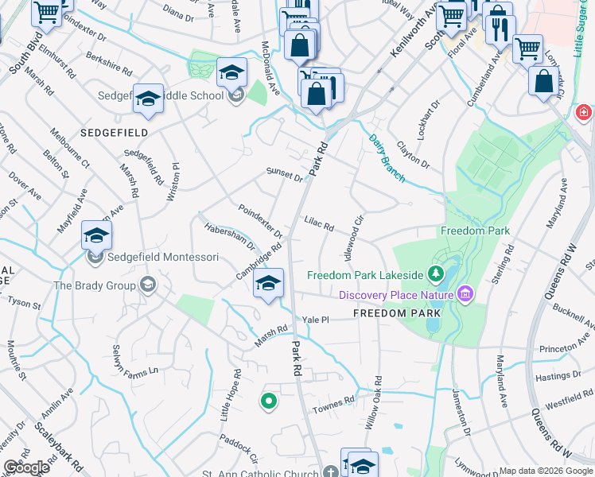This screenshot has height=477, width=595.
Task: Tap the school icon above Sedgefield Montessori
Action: point(96,236)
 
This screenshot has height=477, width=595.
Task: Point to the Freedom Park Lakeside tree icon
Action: point(435,275)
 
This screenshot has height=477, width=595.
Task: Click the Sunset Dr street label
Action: point(285,174)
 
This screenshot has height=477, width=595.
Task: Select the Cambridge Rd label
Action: point(259,262)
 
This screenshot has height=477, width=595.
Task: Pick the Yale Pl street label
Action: point(316,319)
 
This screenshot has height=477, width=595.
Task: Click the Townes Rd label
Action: point(336,402)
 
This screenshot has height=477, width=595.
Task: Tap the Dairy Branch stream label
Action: point(387,157)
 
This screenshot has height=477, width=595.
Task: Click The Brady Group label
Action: point(95,285)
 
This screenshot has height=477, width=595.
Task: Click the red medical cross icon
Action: point(584,114)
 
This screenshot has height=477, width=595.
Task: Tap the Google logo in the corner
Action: point(26,467)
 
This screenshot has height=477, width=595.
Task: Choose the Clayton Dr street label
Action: point(412,155)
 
